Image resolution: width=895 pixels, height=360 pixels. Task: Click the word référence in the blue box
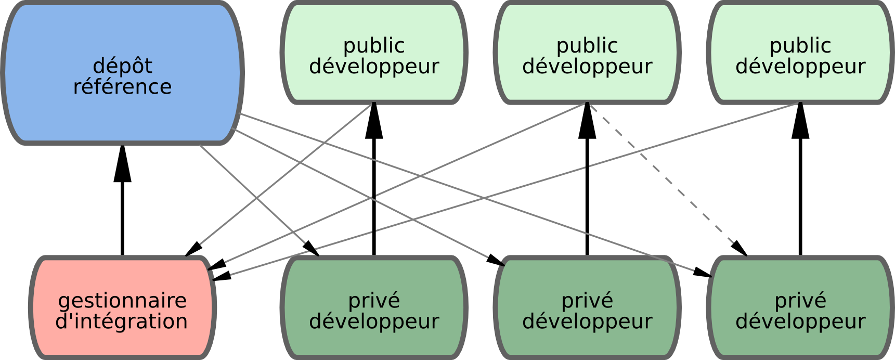tap(122, 87)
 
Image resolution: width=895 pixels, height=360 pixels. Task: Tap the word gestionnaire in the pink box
tap(122, 301)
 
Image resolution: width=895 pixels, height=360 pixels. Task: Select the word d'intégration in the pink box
tap(121, 322)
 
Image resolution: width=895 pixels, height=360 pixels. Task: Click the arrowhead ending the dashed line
tap(740, 249)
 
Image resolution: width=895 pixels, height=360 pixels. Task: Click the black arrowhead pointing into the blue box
tap(122, 164)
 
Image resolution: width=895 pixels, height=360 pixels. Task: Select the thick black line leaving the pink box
tap(122, 218)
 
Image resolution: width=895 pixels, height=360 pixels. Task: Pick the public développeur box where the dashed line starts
tap(587, 52)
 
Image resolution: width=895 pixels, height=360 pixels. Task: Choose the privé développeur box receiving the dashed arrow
tap(800, 307)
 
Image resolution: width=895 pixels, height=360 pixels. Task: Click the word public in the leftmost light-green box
tap(374, 46)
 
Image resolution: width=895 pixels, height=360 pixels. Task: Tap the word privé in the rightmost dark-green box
tap(800, 301)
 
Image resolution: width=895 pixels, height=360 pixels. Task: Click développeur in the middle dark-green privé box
tap(587, 322)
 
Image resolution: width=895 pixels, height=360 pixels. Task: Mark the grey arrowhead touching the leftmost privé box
tap(312, 249)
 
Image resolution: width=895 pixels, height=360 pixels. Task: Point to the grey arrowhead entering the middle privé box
tap(497, 260)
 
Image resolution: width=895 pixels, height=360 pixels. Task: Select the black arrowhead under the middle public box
tap(587, 122)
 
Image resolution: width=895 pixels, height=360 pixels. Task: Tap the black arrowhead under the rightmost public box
tap(800, 122)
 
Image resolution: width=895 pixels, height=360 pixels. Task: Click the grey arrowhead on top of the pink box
tap(193, 249)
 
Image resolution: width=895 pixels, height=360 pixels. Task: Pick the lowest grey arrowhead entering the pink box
tap(221, 276)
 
